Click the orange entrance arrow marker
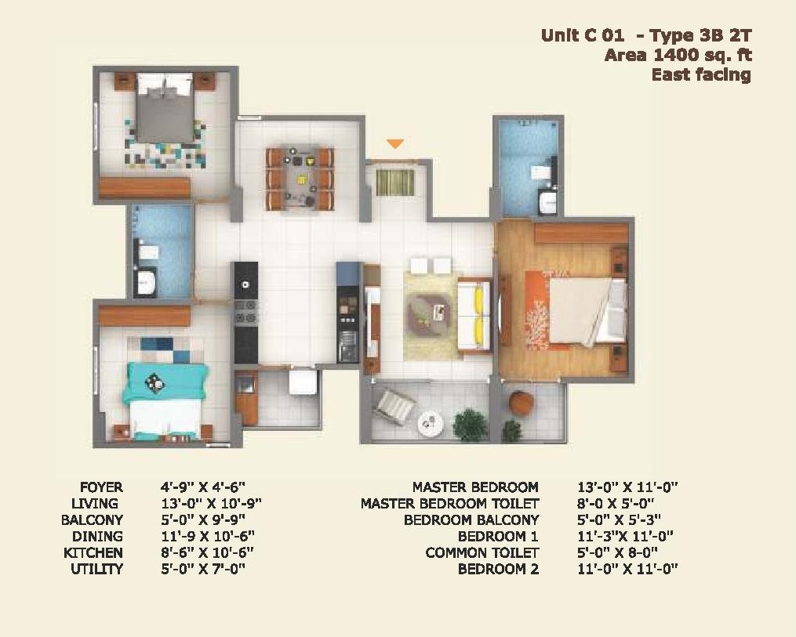pyautogui.click(x=395, y=144)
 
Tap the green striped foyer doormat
pyautogui.click(x=395, y=182)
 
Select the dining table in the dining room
pyautogui.click(x=300, y=179)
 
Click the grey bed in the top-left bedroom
pyautogui.click(x=165, y=108)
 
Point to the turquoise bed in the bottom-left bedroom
pyautogui.click(x=165, y=400)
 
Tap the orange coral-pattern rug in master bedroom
pyautogui.click(x=538, y=310)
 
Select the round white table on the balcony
pyautogui.click(x=430, y=423)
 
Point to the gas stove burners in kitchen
pyautogui.click(x=246, y=311)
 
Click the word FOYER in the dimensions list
pyautogui.click(x=101, y=487)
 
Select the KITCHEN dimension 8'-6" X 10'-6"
pyautogui.click(x=207, y=552)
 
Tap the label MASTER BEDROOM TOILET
pyautogui.click(x=450, y=504)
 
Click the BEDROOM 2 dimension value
pyautogui.click(x=627, y=569)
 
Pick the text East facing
pyautogui.click(x=701, y=75)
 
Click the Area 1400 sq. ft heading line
pyautogui.click(x=678, y=55)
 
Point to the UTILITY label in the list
pyautogui.click(x=96, y=569)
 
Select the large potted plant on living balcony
pyautogui.click(x=470, y=424)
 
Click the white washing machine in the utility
pyautogui.click(x=303, y=382)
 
